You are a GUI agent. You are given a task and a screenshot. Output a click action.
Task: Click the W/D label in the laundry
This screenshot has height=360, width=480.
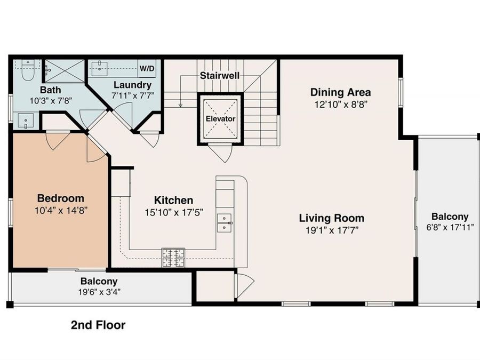(148, 69)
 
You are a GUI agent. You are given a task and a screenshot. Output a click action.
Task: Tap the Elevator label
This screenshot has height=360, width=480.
(221, 118)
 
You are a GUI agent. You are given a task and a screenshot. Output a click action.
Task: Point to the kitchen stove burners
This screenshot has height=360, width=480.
(173, 257)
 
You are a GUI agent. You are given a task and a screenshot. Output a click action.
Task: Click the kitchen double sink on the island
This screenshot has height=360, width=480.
(225, 222)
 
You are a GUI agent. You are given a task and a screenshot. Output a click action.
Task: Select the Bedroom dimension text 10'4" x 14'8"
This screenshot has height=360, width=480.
(60, 210)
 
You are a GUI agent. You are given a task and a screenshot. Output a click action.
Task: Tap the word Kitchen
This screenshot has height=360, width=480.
(173, 201)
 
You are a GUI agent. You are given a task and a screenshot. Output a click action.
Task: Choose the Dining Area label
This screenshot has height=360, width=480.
(340, 92)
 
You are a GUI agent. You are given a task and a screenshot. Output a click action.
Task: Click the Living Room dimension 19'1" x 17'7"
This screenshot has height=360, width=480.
(331, 230)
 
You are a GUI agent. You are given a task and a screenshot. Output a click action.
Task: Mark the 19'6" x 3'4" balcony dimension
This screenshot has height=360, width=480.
(99, 292)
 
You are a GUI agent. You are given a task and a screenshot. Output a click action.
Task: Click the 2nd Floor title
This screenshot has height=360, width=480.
(98, 325)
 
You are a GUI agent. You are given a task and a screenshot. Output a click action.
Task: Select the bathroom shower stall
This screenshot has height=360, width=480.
(65, 70)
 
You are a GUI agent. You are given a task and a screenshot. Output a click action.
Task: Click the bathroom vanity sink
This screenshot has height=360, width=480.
(25, 121)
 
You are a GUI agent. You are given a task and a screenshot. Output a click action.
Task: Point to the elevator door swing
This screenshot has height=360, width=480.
(220, 153)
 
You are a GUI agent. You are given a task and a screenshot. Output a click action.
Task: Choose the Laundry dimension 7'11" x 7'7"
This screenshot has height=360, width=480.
(132, 96)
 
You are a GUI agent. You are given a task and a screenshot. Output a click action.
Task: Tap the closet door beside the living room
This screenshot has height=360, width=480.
(244, 285)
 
